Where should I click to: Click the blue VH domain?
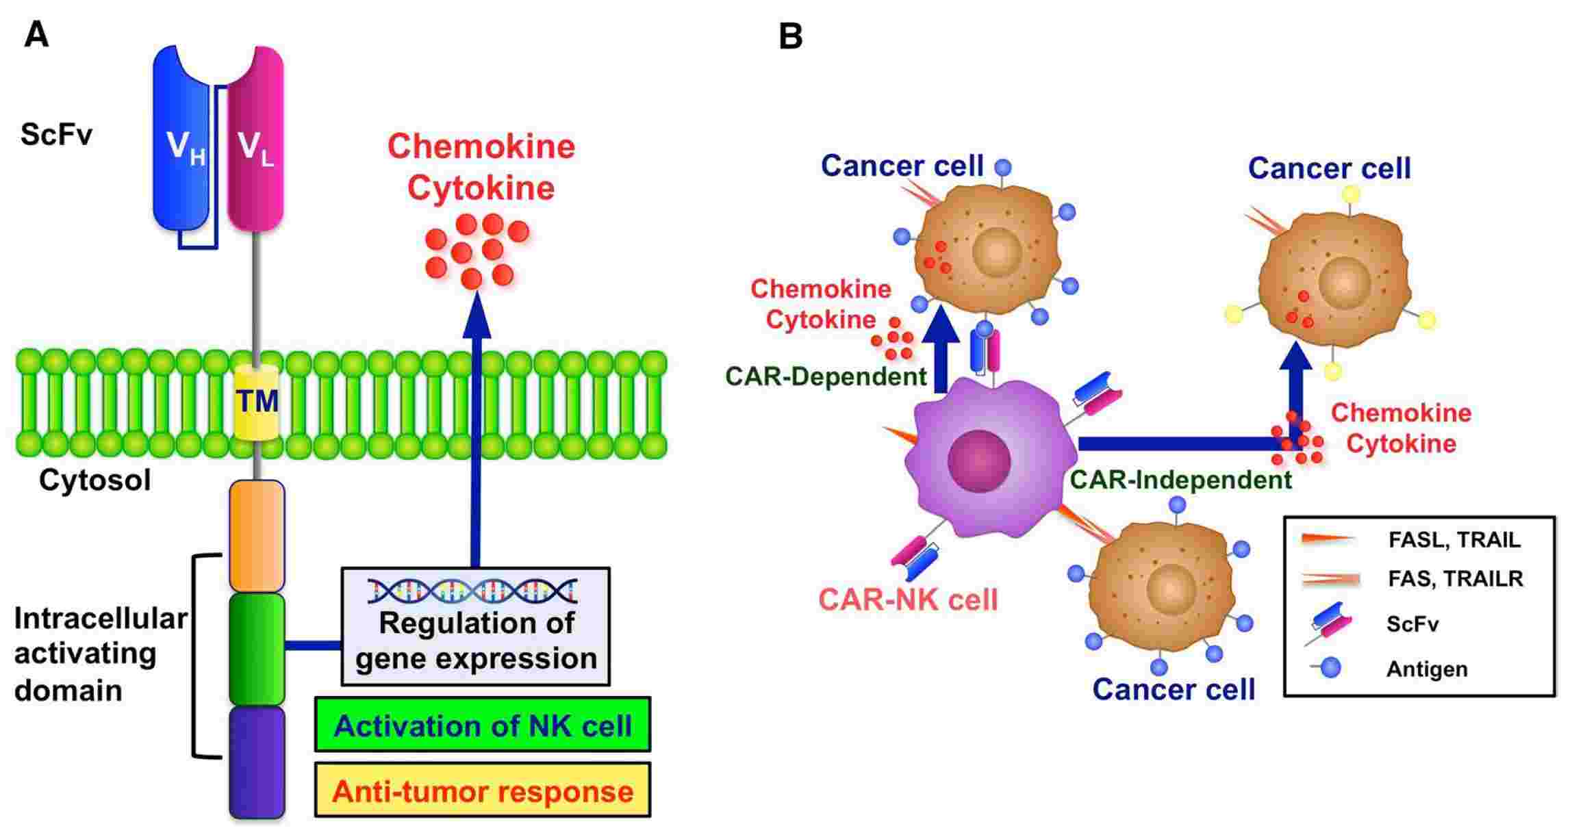pyautogui.click(x=180, y=144)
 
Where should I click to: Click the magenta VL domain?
pyautogui.click(x=255, y=144)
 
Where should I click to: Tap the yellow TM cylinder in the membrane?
pyautogui.click(x=257, y=402)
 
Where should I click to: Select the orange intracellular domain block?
pyautogui.click(x=257, y=536)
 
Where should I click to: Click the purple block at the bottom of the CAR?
pyautogui.click(x=257, y=762)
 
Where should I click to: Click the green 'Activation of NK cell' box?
pyautogui.click(x=483, y=725)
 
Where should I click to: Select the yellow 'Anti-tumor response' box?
pyautogui.click(x=483, y=791)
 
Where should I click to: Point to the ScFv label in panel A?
pyautogui.click(x=56, y=134)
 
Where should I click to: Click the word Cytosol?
pyautogui.click(x=94, y=480)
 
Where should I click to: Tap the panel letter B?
pyautogui.click(x=791, y=36)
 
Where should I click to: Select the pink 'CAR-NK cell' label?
pyautogui.click(x=908, y=600)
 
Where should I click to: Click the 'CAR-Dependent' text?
pyautogui.click(x=826, y=376)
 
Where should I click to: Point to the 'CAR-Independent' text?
pyautogui.click(x=1180, y=480)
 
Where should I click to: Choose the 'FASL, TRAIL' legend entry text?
pyautogui.click(x=1454, y=540)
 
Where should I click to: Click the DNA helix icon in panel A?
pyautogui.click(x=472, y=591)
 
